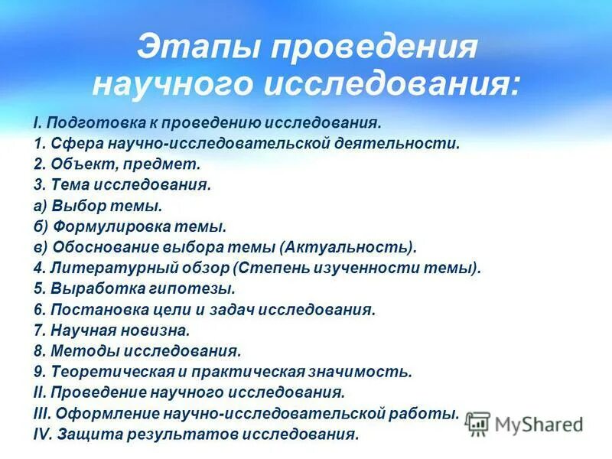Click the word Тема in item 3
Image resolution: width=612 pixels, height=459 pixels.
(67, 184)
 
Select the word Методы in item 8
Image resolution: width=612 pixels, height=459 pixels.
(76, 351)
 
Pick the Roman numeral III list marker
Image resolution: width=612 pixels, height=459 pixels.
(41, 414)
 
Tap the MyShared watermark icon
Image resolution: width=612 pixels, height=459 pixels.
(478, 422)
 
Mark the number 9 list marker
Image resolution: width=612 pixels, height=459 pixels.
(38, 372)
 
